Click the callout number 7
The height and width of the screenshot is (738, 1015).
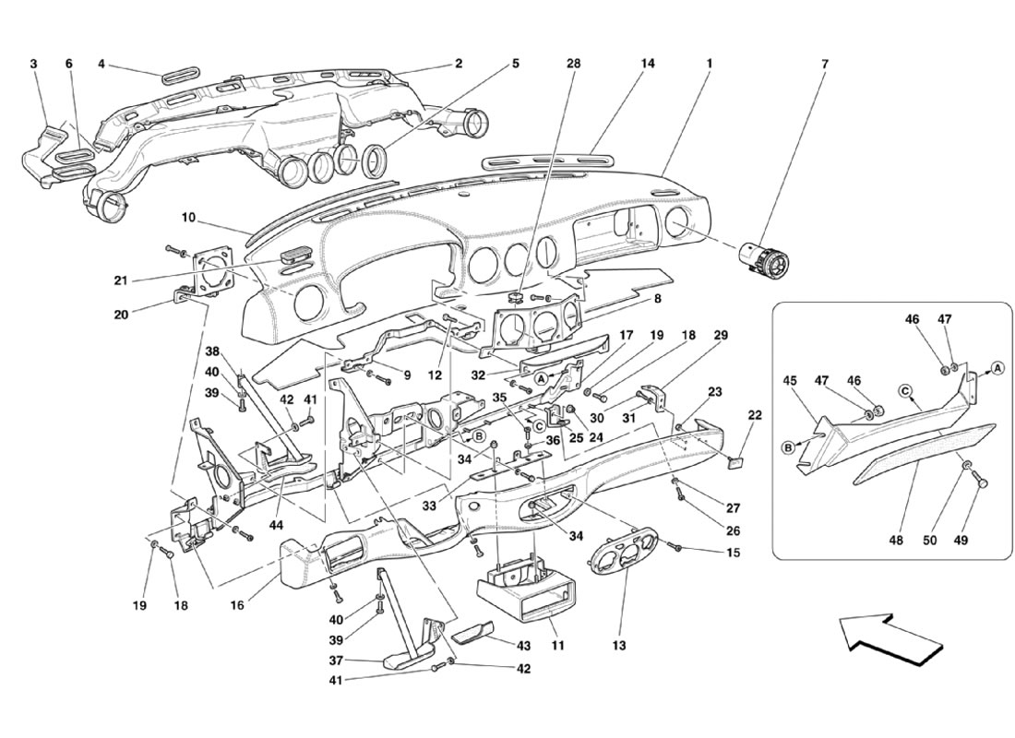825,64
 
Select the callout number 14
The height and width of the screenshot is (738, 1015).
648,64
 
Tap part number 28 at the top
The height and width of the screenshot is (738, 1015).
575,64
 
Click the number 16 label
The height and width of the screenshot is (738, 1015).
237,605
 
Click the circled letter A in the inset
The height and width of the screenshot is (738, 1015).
997,368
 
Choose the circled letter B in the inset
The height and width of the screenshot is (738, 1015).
789,447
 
